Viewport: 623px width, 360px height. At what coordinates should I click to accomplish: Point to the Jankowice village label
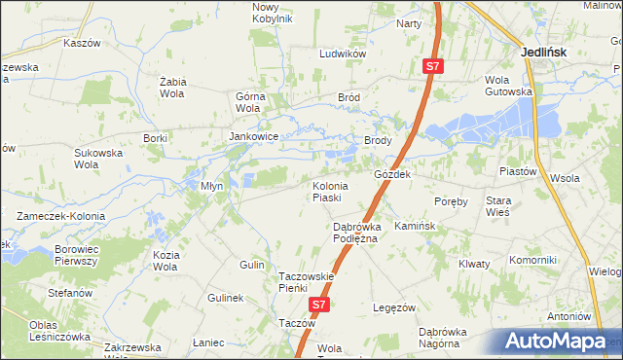pos(254,137)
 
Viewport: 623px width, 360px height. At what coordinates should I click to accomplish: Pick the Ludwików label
pos(342,54)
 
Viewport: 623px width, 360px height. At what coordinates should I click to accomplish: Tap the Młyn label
pos(211,185)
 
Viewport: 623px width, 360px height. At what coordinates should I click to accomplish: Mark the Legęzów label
pos(395,307)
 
